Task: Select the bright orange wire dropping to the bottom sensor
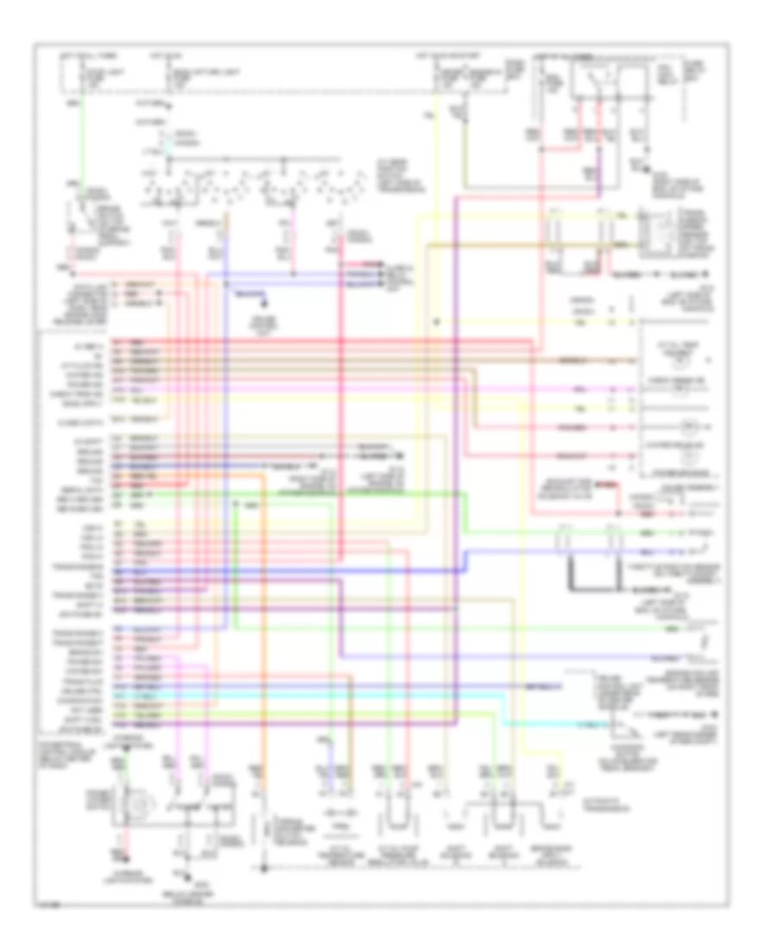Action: pos(265,622)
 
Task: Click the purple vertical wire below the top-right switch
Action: pos(597,173)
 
